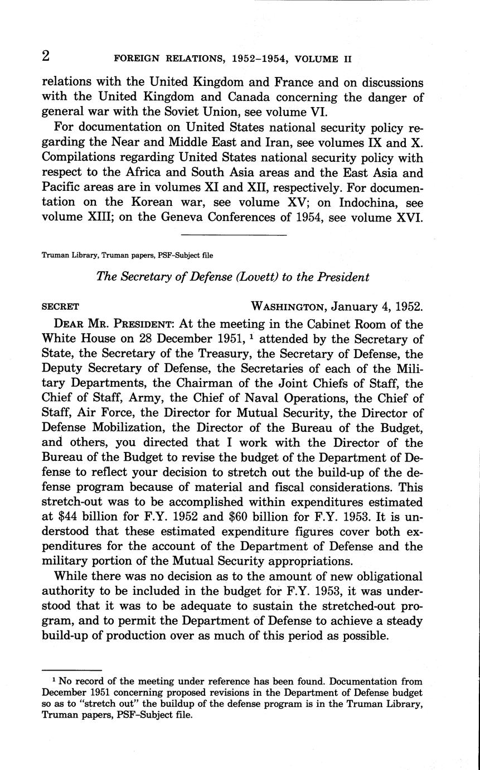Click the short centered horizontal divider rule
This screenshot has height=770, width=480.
pyautogui.click(x=234, y=235)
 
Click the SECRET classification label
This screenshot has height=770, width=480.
pyautogui.click(x=60, y=306)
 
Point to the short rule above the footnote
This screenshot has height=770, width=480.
pyautogui.click(x=72, y=670)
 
